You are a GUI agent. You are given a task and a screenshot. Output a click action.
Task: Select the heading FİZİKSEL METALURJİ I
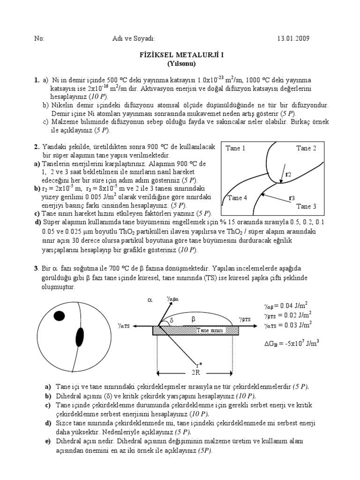pos(180,54)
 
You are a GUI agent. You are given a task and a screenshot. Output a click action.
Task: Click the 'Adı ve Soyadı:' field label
pos(136,38)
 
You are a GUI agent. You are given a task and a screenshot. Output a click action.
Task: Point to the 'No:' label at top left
pos(39,38)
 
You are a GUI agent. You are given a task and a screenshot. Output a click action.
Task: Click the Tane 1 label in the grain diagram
pos(236,148)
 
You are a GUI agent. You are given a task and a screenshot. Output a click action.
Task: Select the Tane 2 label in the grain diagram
pos(306,148)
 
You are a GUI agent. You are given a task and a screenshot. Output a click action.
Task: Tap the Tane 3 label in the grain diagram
pos(306,206)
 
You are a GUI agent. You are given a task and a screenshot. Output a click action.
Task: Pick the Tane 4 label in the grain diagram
pos(237,197)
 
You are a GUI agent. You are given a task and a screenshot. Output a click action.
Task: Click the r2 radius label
pos(288,174)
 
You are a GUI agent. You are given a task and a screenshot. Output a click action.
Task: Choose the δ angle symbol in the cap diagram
pos(172,320)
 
